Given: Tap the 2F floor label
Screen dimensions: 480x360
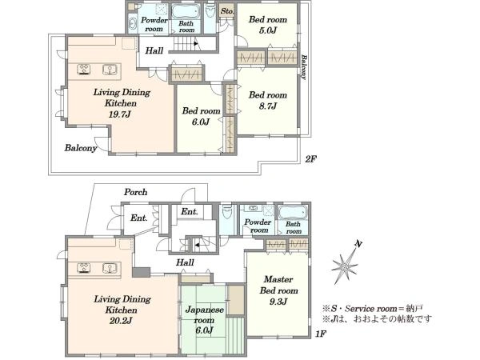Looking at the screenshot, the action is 310,159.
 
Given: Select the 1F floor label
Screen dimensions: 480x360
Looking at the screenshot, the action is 321,334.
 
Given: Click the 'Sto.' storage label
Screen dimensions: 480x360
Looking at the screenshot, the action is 227,11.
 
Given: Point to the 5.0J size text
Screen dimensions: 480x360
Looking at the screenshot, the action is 267,30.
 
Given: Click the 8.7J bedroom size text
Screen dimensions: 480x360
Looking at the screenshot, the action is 267,106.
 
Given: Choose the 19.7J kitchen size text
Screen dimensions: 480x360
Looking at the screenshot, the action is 120,114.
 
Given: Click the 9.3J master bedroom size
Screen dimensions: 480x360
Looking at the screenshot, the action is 278,302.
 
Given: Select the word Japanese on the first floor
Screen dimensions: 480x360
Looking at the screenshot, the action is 204,310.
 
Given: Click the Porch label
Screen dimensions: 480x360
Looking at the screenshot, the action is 136,192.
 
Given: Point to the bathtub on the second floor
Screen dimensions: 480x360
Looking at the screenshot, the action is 186,11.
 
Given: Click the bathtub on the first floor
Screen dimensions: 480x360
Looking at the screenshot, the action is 292,213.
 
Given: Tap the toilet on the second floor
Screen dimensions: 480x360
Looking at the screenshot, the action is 210,10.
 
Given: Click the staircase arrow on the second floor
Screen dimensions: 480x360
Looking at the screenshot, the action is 196,44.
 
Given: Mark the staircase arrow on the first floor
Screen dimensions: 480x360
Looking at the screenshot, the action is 198,245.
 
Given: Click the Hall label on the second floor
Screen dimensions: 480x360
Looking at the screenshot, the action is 154,50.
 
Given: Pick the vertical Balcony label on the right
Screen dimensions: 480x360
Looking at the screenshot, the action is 303,67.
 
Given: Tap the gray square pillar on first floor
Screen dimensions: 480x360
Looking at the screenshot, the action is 141,272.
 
